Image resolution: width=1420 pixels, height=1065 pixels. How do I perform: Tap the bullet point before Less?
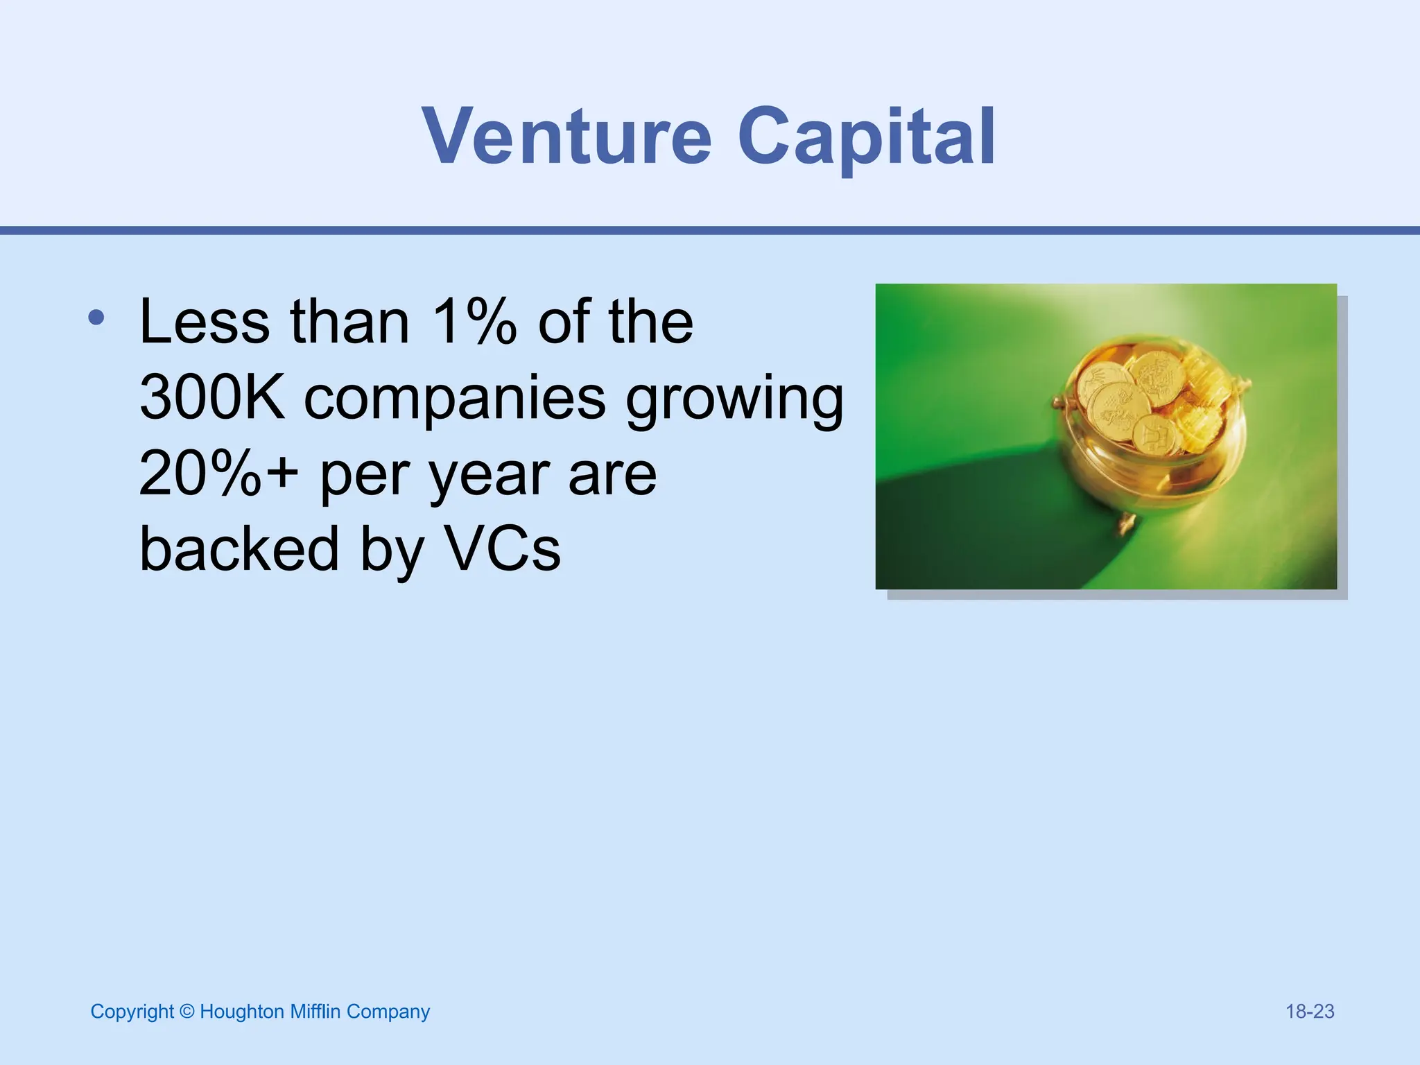(x=96, y=318)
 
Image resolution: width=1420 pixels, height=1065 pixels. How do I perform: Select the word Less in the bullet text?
(x=205, y=322)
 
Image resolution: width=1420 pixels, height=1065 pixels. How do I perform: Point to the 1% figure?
(x=474, y=322)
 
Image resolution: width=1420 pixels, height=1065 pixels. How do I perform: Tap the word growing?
(x=735, y=399)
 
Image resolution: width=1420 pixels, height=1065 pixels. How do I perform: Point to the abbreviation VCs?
(x=503, y=549)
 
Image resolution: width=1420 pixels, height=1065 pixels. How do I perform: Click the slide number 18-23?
(x=1310, y=1012)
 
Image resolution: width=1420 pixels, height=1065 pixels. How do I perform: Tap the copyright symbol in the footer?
(x=187, y=1012)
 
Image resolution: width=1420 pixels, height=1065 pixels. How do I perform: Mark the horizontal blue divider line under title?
(x=710, y=230)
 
